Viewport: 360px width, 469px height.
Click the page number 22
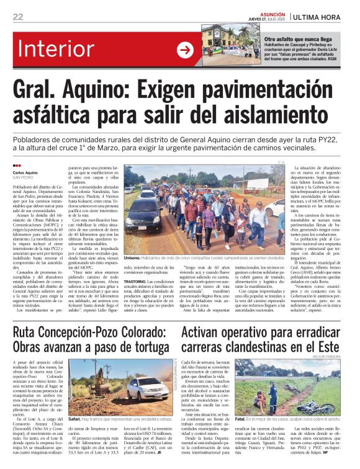pyautogui.click(x=18, y=17)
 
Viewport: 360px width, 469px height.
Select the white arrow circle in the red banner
pyautogui.click(x=185, y=50)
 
